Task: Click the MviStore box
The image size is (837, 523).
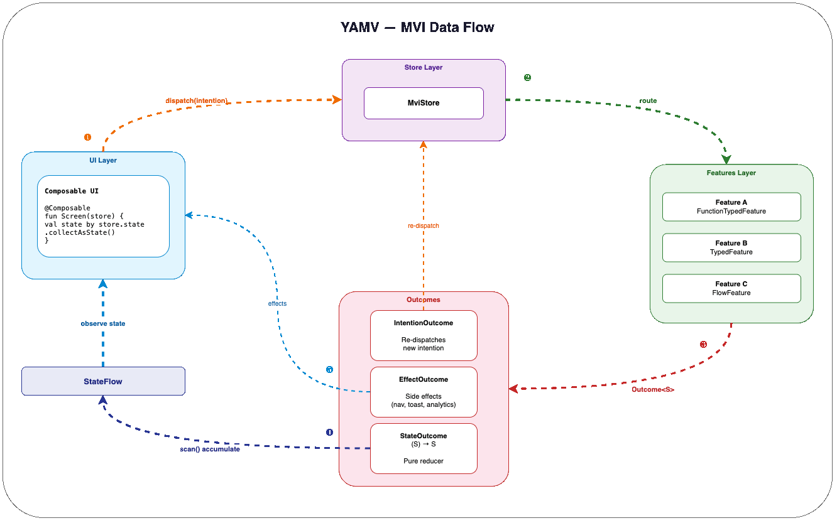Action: [x=424, y=103]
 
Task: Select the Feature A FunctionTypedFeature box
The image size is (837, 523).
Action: [x=731, y=207]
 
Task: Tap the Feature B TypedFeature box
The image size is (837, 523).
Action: [x=731, y=247]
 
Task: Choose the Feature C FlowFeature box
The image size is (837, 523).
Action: [x=731, y=288]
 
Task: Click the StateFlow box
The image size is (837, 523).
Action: [x=103, y=381]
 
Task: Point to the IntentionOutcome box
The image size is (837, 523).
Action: [x=424, y=335]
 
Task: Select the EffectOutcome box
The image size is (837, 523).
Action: [x=424, y=391]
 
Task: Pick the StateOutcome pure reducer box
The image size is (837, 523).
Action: [x=424, y=448]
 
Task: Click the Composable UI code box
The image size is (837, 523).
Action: [x=103, y=216]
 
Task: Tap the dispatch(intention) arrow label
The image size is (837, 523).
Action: [x=196, y=100]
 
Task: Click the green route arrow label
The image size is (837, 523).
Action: [x=648, y=100]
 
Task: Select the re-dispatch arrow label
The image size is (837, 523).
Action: [x=423, y=225]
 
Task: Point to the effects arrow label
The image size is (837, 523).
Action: [x=277, y=303]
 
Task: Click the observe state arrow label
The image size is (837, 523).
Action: [x=103, y=324]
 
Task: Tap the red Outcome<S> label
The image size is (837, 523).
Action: [x=653, y=389]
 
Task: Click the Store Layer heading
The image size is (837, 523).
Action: [x=424, y=67]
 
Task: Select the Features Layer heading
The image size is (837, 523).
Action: [x=731, y=173]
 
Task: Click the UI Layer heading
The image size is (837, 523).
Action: [x=103, y=160]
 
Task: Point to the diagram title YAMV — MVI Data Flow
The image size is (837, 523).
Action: [x=417, y=28]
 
